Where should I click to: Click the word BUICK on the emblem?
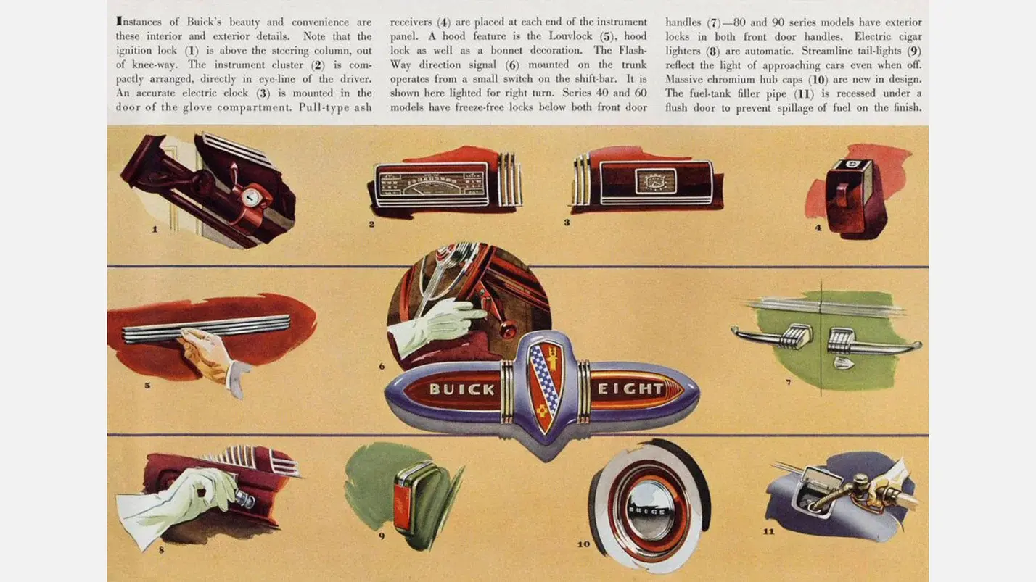[x=462, y=389]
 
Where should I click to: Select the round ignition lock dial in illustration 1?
[x=251, y=198]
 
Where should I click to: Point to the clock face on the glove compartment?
[x=655, y=180]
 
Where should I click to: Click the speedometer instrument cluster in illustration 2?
[x=431, y=185]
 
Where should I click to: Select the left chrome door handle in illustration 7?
[x=773, y=336]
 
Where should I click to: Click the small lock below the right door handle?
[x=844, y=363]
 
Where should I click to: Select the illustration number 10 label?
[x=584, y=544]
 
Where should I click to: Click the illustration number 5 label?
[x=147, y=385]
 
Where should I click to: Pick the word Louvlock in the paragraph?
[x=570, y=36]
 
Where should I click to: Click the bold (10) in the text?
[x=818, y=79]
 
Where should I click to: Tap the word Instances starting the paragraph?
[x=139, y=22]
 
